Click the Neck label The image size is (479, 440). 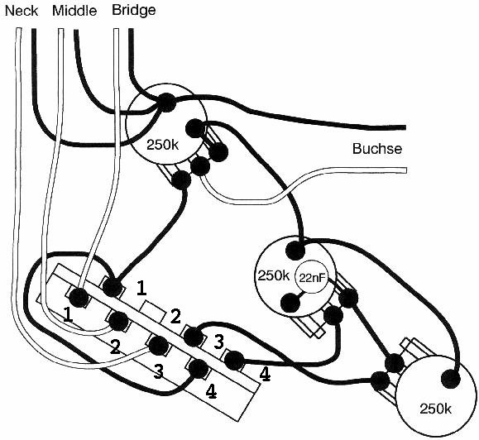[22, 11]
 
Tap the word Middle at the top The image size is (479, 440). [74, 11]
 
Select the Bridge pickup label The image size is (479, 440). [134, 11]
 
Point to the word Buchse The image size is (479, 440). [377, 149]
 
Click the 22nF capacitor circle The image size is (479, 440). [311, 277]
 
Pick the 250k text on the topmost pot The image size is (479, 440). [162, 145]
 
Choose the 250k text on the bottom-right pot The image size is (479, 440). [436, 409]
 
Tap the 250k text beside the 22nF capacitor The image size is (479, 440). [274, 275]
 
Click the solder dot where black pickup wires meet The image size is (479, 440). [166, 102]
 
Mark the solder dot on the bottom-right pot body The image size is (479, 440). [451, 380]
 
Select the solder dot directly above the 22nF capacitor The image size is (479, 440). [295, 250]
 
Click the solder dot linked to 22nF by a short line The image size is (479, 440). [290, 302]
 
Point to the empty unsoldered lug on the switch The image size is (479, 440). [153, 310]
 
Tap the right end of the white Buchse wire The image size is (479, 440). [406, 170]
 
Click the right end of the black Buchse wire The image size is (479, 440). [405, 127]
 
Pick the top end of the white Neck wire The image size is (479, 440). [18, 29]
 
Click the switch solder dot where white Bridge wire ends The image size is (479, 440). [79, 297]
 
